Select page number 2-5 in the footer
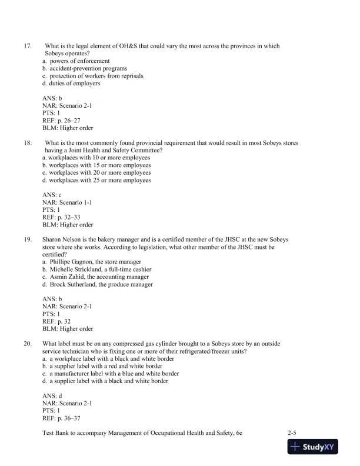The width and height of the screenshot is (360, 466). (x=291, y=432)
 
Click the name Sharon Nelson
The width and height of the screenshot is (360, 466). (x=62, y=240)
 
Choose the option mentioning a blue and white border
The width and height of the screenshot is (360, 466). (x=114, y=374)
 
